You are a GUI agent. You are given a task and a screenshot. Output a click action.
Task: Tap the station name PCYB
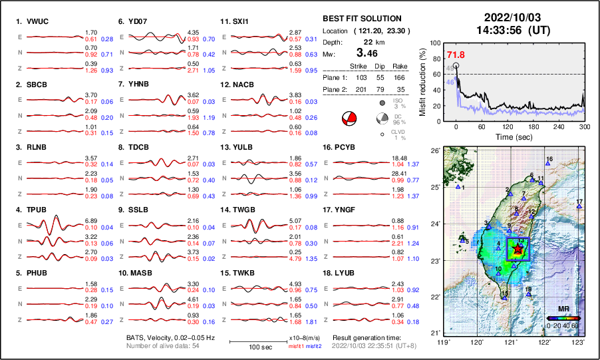(346, 147)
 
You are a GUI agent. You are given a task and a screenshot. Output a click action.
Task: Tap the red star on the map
(518, 249)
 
